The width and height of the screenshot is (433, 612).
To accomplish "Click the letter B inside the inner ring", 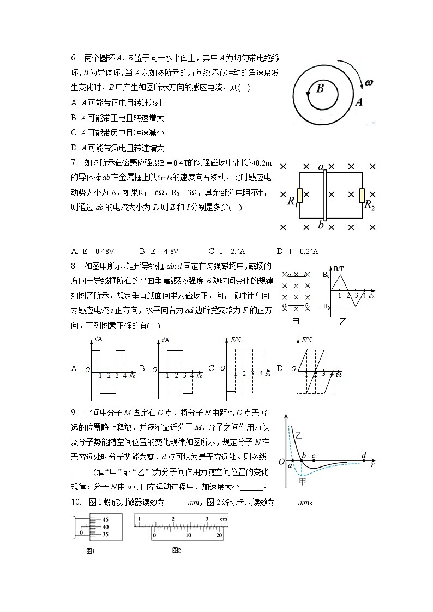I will point(321,88).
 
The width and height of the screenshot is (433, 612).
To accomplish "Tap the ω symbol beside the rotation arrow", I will point(369,83).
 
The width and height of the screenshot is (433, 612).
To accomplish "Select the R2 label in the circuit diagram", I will point(369,205).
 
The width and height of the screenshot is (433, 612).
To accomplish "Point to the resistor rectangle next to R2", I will point(362,195).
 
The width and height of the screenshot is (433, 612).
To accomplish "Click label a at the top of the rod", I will point(321,167).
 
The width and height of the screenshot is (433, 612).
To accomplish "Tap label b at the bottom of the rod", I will point(321,225).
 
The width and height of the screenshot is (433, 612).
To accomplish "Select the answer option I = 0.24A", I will point(297,251).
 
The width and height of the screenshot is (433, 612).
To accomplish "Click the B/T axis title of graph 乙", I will point(339,269).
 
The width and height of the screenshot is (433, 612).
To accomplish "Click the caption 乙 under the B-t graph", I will point(343,322).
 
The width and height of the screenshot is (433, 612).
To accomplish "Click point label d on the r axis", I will point(364,455).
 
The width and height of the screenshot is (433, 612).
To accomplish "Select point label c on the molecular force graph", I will point(313,456).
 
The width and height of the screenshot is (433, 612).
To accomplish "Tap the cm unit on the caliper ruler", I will point(223,519).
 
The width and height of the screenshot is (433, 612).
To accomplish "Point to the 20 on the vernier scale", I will point(219,536).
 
